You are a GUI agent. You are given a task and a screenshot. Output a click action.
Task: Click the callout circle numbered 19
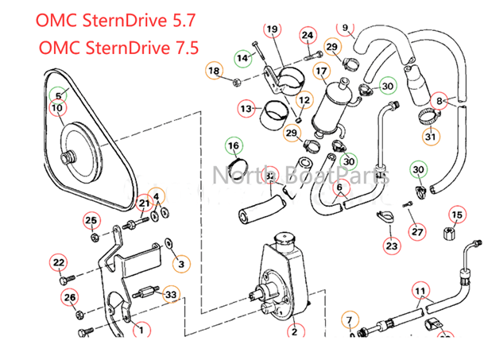273,30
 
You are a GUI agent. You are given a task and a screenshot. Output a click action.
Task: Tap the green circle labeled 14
243,57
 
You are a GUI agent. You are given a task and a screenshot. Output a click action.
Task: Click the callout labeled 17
321,72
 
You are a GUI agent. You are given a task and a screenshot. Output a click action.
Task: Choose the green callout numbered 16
234,146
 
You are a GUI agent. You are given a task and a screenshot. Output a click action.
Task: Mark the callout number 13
246,107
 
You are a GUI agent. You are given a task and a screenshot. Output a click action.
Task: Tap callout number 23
392,246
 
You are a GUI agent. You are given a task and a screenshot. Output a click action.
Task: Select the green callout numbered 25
91,220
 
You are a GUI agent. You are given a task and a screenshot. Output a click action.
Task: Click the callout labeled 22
58,263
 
